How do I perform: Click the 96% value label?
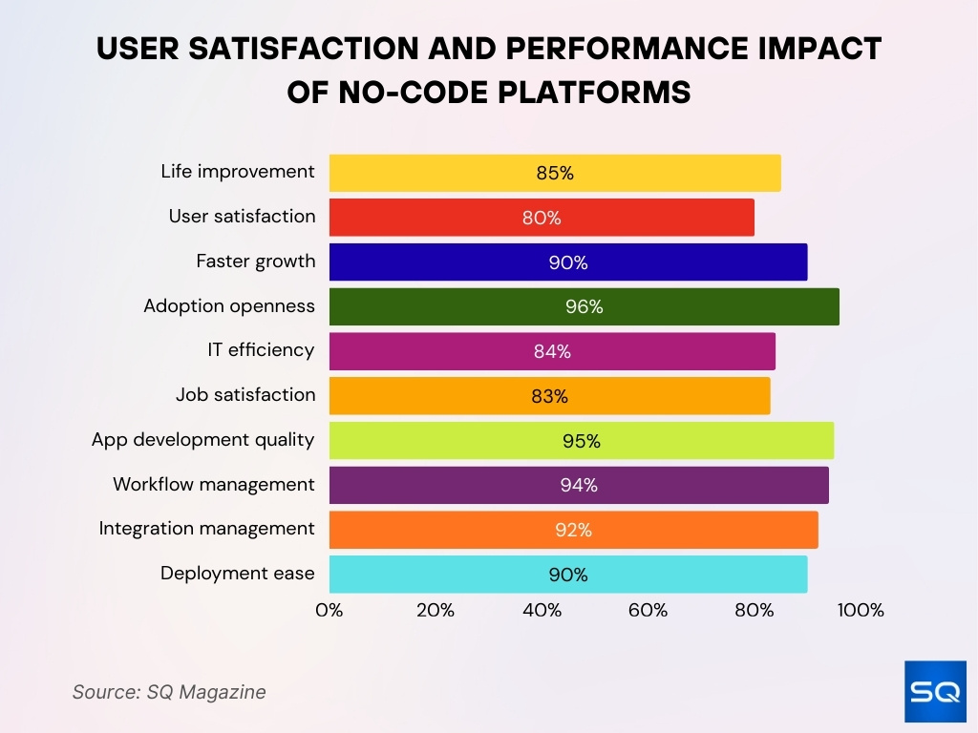coord(584,306)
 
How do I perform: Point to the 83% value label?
coord(549,396)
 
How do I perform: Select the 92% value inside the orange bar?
coord(573,530)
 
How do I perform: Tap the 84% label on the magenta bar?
coord(552,351)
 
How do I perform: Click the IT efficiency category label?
coord(261,350)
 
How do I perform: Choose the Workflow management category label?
coord(213,484)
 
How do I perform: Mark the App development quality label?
coord(202,440)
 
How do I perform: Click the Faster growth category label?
coord(255,261)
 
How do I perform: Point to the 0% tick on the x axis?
coord(330,611)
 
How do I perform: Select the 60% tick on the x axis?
coord(648,611)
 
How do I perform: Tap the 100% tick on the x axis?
coord(860,611)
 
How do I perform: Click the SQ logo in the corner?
coord(935,691)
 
